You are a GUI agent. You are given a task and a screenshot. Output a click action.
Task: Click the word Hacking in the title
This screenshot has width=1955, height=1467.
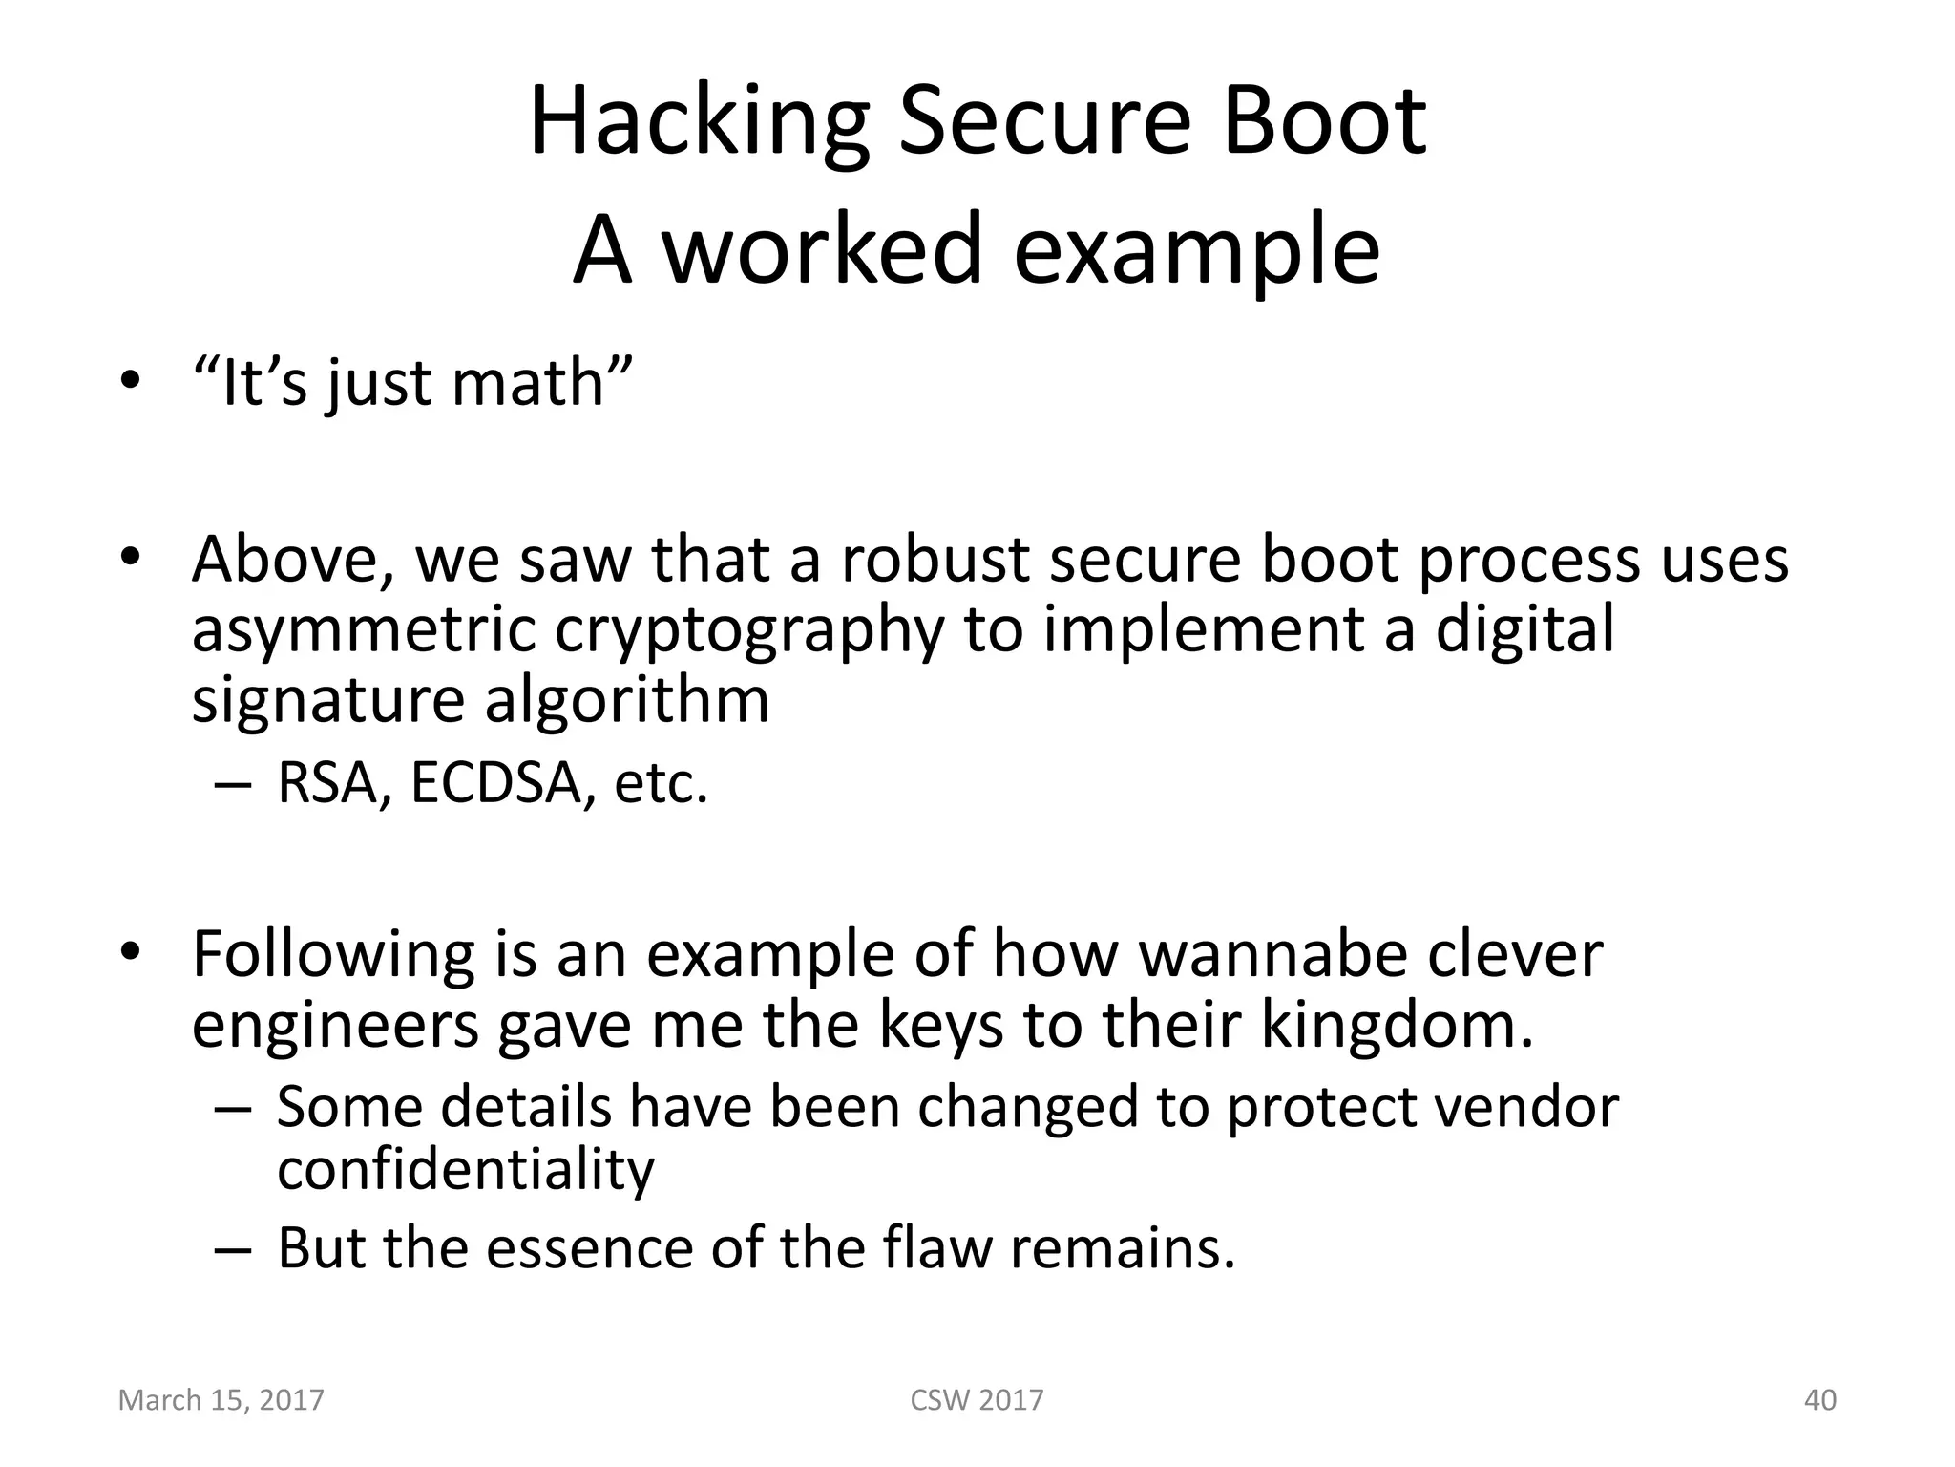pyautogui.click(x=698, y=124)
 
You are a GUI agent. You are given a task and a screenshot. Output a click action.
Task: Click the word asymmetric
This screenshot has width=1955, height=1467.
pyautogui.click(x=364, y=631)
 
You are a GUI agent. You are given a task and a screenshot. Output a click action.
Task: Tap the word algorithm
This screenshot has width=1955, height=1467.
pyautogui.click(x=626, y=700)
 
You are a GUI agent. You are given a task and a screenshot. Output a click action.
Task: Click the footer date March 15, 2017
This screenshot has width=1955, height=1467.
pyautogui.click(x=221, y=1400)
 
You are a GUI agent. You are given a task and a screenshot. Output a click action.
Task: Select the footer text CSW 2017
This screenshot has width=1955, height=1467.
pyautogui.click(x=977, y=1400)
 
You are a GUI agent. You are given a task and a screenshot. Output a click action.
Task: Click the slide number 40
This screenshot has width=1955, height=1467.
pyautogui.click(x=1819, y=1400)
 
